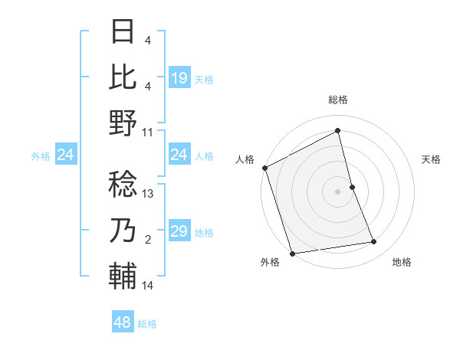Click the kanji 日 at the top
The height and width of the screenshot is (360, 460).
[x=123, y=32]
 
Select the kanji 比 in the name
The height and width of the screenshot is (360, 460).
[x=123, y=77]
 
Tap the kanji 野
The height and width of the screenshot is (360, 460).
[x=123, y=123]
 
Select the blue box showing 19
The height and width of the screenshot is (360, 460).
[x=179, y=78]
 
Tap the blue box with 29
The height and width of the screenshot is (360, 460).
[x=179, y=232]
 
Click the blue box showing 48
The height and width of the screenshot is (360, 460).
[x=123, y=323]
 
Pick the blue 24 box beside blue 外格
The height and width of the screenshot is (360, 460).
[x=66, y=155]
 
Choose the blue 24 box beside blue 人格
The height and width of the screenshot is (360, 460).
[x=179, y=155]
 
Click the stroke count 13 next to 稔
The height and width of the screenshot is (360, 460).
[x=149, y=195]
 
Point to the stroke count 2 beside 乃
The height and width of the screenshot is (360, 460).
[x=148, y=241]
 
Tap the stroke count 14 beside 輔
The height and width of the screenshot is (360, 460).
[x=149, y=286]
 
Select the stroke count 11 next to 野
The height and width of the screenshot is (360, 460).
[x=149, y=132]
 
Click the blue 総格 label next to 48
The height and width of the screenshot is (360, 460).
[x=148, y=324]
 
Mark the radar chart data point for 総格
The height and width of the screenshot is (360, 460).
[x=338, y=130]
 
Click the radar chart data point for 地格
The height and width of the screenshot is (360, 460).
[x=374, y=242]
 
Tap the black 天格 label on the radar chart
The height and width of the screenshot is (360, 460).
[x=432, y=159]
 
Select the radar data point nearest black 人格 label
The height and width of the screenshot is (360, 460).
[x=264, y=168]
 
